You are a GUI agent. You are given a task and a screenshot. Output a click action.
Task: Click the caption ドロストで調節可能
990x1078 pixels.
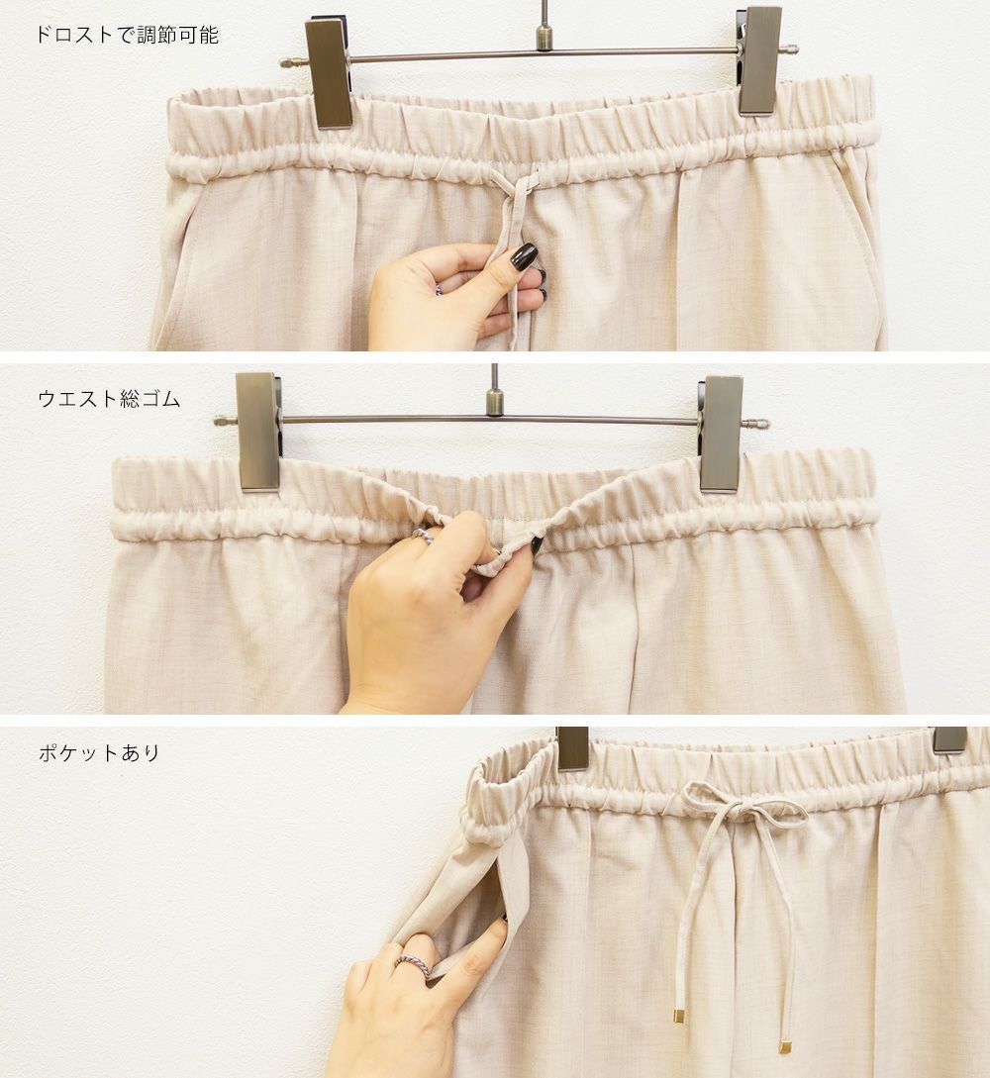pyautogui.click(x=127, y=35)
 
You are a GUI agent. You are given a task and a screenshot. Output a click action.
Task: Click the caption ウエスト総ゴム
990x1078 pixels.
pyautogui.click(x=109, y=399)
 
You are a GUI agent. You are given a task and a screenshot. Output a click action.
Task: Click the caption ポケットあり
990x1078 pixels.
pyautogui.click(x=100, y=752)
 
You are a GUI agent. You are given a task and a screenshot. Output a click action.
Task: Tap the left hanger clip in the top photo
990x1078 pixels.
pyautogui.click(x=330, y=73)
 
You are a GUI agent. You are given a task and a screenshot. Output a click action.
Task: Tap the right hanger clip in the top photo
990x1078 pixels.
pyautogui.click(x=759, y=61)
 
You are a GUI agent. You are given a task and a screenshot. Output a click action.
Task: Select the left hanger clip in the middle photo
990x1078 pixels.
pyautogui.click(x=257, y=432)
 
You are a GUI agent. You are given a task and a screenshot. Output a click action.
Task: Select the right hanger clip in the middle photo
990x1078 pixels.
pyautogui.click(x=721, y=434)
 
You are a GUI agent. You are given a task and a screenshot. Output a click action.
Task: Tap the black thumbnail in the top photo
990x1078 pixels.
pyautogui.click(x=523, y=256)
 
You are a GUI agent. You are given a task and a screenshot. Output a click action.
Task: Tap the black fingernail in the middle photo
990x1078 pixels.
pyautogui.click(x=537, y=545)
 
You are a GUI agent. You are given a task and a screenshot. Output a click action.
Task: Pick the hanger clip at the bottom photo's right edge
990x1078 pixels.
pyautogui.click(x=950, y=739)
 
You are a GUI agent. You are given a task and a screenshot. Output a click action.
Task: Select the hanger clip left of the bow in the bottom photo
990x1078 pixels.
pyautogui.click(x=572, y=748)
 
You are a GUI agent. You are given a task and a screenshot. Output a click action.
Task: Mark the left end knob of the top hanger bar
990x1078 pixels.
pyautogui.click(x=286, y=62)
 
